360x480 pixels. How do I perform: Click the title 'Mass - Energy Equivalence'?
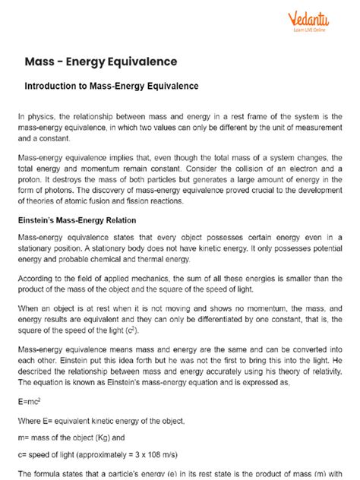112,61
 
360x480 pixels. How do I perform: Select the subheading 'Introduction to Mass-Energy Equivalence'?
112,87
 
